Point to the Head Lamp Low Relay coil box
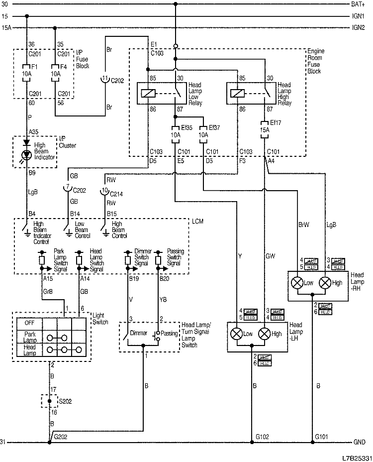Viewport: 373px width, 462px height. tap(148, 93)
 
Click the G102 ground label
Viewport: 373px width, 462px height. tap(263, 437)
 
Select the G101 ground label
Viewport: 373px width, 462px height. tap(321, 437)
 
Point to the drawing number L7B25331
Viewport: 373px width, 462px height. tap(356, 456)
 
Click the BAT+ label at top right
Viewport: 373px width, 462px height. tap(358, 4)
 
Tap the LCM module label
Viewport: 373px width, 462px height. tap(198, 221)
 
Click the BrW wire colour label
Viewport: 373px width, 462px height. tap(304, 224)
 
